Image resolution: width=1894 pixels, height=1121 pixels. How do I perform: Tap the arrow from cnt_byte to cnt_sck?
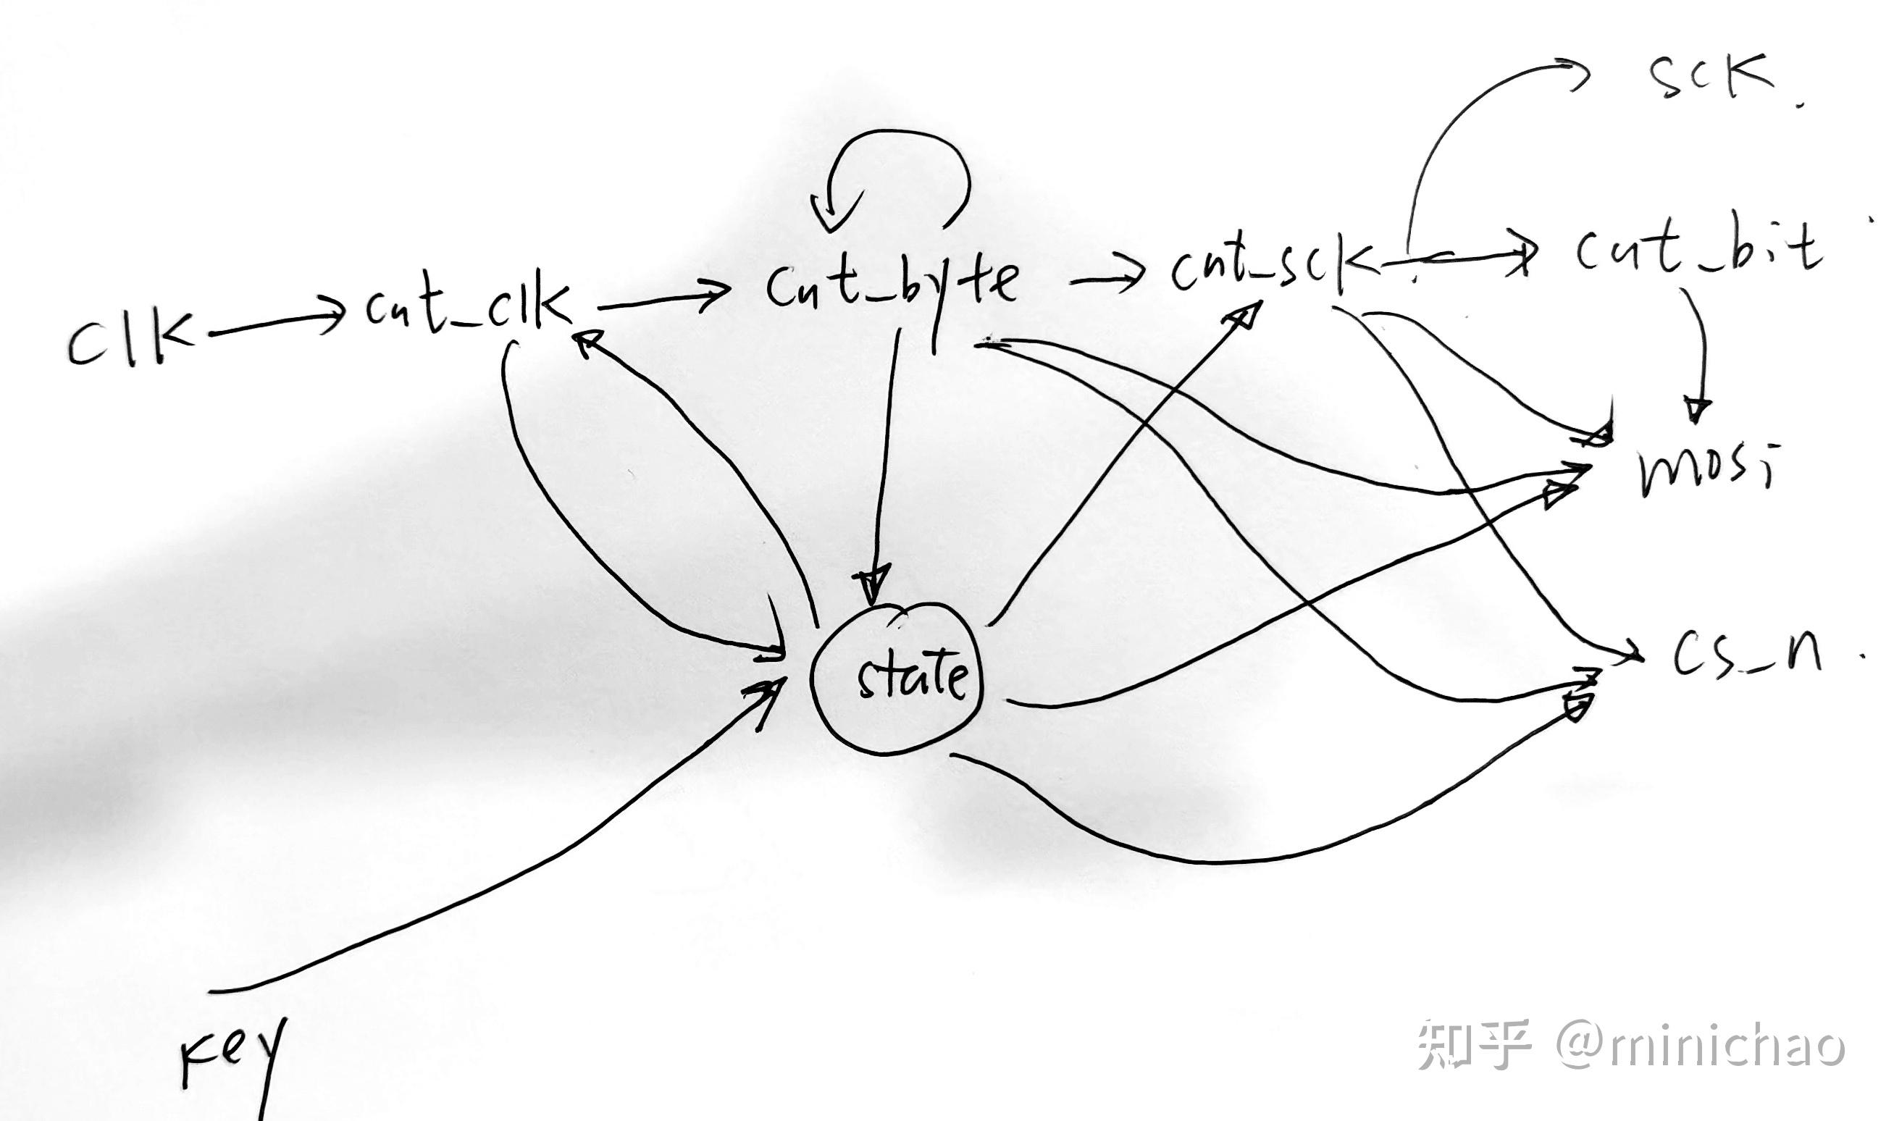click(1106, 281)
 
